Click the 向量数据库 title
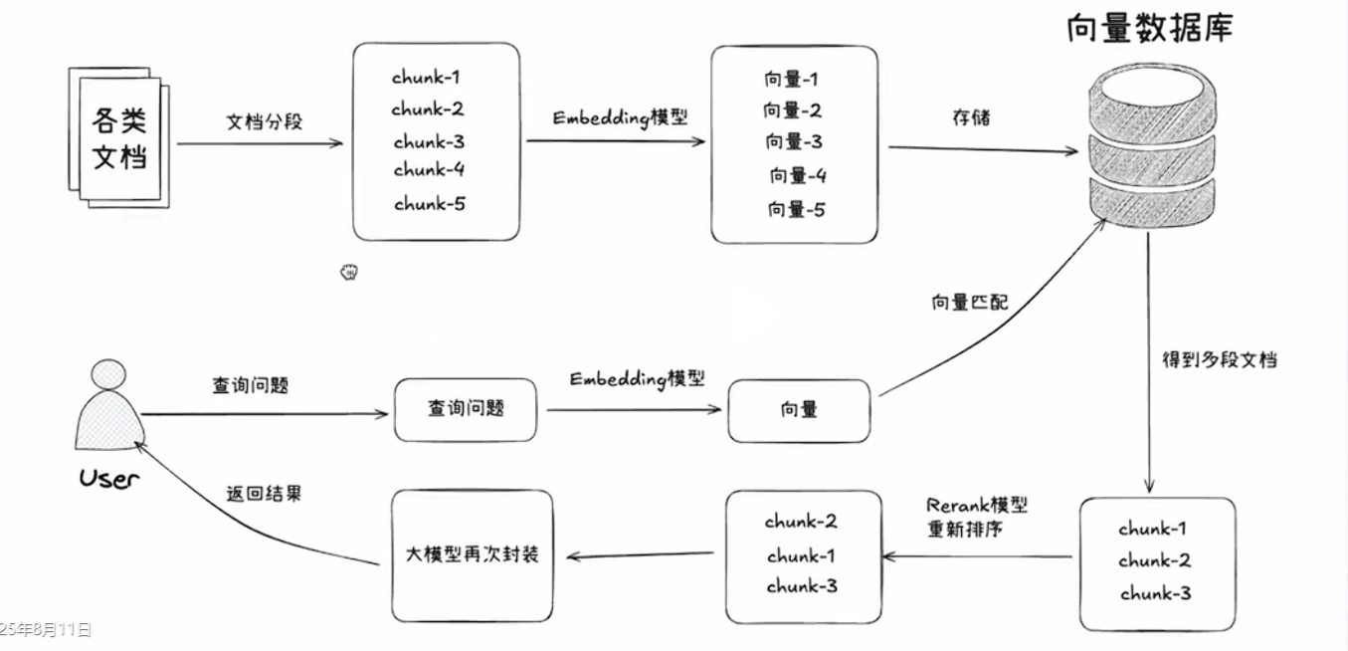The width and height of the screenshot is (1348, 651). pos(1149,28)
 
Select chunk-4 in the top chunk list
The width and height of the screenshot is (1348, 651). pos(429,170)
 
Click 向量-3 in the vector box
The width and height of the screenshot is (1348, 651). pos(794,141)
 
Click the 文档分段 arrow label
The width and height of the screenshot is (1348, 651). pos(264,122)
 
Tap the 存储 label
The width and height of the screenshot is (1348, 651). pos(970,118)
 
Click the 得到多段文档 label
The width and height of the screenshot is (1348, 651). pos(1219,359)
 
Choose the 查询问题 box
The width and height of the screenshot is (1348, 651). pos(466,408)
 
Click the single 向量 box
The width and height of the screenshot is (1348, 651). pos(799,409)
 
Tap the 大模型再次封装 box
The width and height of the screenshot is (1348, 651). pos(473,554)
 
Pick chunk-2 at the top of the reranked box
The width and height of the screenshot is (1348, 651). pos(801,521)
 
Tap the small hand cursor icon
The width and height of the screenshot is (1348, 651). pos(349,272)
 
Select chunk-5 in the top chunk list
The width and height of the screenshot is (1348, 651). pos(430,204)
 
